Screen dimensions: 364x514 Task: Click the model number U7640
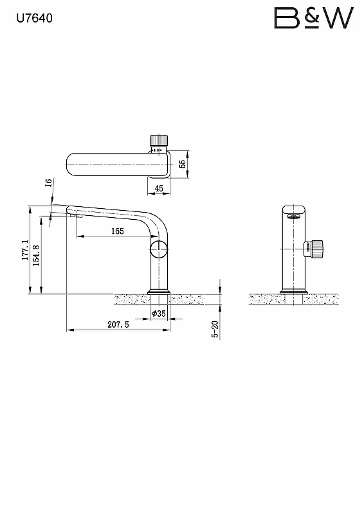click(x=35, y=18)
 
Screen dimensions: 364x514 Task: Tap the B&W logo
click(x=314, y=18)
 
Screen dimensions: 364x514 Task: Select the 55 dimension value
click(x=183, y=164)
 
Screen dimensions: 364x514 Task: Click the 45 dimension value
click(x=159, y=188)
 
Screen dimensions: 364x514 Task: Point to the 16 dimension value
click(x=49, y=182)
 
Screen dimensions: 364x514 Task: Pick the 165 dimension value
click(x=117, y=231)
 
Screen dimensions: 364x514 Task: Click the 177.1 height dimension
click(x=26, y=250)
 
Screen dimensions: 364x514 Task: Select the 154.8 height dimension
click(x=37, y=255)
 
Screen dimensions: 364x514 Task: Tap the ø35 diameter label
click(x=159, y=314)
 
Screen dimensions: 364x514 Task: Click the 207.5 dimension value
click(x=118, y=324)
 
